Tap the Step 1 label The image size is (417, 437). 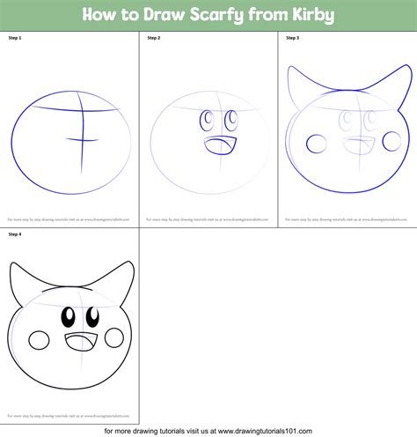tap(14, 39)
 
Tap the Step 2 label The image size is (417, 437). tap(154, 39)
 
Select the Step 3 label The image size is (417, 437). tap(292, 39)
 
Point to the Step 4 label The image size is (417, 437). tap(14, 235)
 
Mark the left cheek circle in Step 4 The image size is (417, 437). tap(40, 341)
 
